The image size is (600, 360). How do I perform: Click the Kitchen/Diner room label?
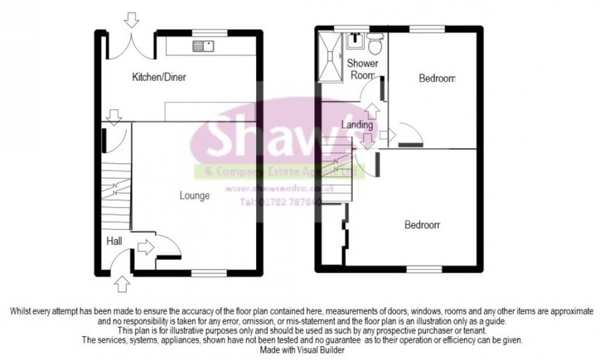coord(158,78)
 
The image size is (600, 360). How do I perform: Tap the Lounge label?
coord(195,196)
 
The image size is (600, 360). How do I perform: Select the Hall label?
coord(113,242)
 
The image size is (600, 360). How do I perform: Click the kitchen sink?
coord(203,46)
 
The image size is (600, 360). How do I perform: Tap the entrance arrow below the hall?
coord(122,285)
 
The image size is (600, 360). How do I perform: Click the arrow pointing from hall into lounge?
coord(144,249)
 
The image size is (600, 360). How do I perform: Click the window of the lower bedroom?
coord(418,269)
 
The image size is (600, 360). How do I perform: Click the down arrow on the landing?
coord(367,142)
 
